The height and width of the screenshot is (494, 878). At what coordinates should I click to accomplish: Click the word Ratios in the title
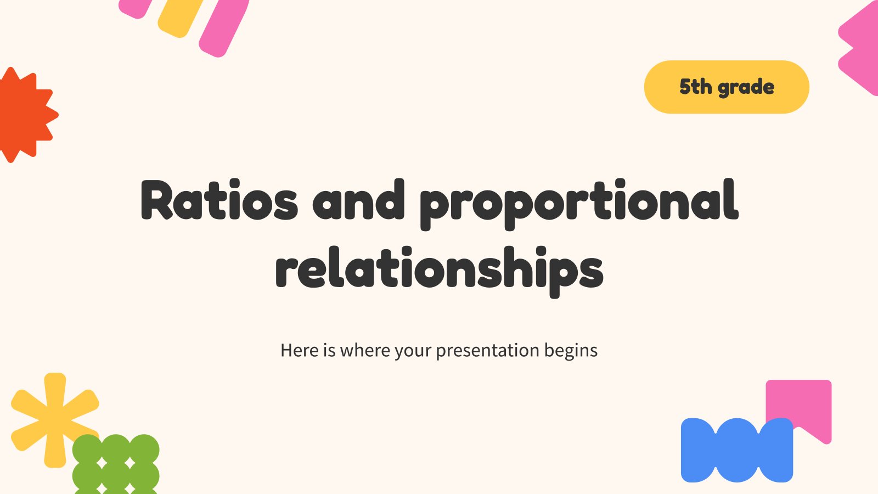(219, 200)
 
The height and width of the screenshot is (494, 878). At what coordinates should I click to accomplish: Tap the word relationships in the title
(440, 272)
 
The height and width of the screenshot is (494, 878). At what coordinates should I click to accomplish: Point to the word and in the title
(358, 200)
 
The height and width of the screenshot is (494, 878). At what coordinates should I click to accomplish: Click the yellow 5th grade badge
(727, 87)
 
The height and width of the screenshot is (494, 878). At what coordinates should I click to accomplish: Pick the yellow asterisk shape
(54, 419)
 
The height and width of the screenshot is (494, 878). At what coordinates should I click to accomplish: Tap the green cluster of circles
(116, 465)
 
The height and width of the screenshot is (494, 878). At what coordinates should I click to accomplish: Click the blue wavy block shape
(737, 450)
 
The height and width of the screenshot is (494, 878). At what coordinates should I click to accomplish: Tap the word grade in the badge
(746, 88)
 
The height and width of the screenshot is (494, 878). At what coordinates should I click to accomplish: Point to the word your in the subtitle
(413, 351)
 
